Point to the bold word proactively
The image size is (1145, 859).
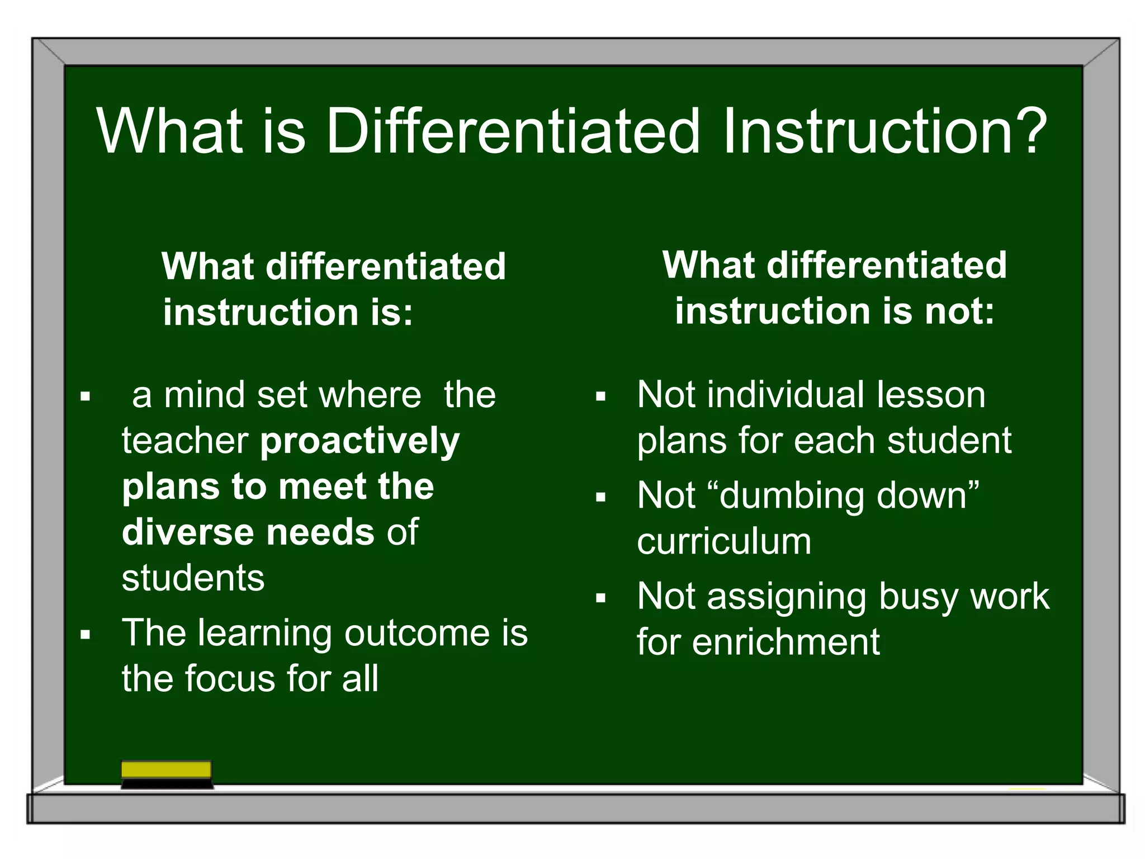359,442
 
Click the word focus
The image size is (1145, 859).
230,679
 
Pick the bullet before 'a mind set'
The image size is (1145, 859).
85,397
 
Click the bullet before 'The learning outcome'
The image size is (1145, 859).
85,635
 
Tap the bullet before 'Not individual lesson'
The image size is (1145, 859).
600,397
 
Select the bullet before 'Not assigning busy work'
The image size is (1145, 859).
600,598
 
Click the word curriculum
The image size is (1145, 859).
723,542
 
